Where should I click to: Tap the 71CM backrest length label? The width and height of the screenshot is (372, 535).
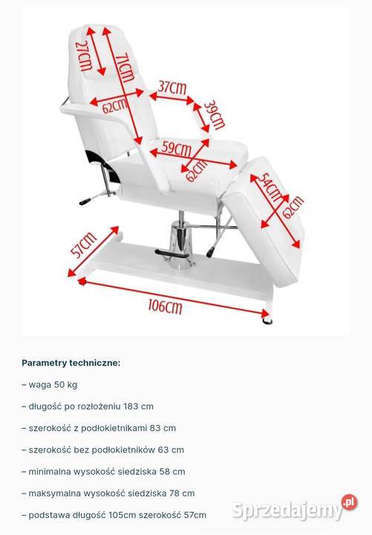click(123, 68)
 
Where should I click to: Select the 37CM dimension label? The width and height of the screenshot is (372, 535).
click(172, 88)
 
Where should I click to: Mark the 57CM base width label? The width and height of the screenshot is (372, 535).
click(84, 245)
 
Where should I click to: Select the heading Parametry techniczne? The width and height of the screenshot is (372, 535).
click(71, 363)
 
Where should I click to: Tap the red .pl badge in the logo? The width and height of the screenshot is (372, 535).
click(349, 503)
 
